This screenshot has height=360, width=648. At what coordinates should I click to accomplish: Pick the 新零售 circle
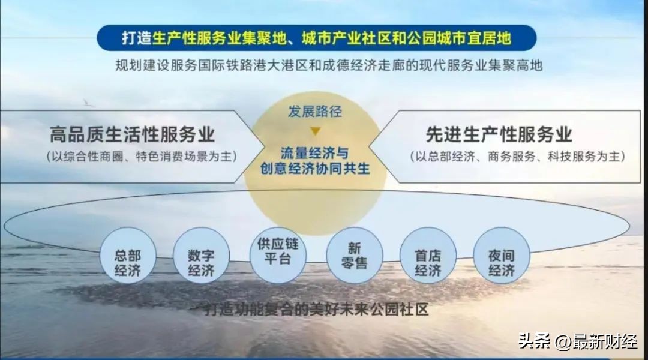(354, 255)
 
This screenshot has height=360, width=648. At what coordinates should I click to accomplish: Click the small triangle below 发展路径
(316, 130)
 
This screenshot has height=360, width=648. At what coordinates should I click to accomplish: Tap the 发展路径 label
(316, 112)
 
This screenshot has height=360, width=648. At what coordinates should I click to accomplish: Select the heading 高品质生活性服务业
(133, 134)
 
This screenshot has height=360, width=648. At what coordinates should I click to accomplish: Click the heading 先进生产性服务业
(499, 134)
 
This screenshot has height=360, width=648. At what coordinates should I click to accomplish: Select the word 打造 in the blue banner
(137, 38)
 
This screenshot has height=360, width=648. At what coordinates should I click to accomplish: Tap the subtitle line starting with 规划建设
(329, 65)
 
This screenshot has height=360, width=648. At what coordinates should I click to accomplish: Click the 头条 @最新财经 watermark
(578, 341)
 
